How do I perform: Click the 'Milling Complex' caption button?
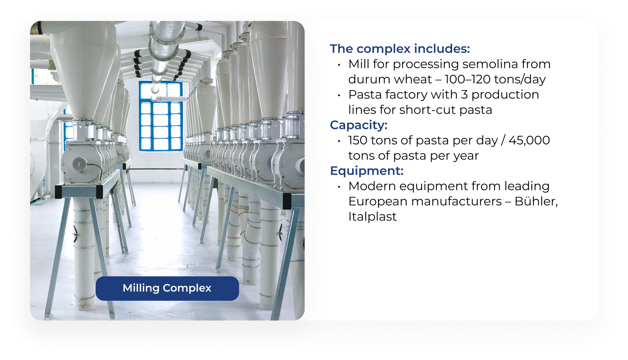pyautogui.click(x=167, y=288)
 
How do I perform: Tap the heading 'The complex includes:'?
pyautogui.click(x=400, y=49)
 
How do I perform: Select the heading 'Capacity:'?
pyautogui.click(x=359, y=125)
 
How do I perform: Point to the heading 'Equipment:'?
pyautogui.click(x=367, y=170)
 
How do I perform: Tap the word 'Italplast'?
pyautogui.click(x=372, y=217)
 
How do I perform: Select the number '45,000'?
pyautogui.click(x=529, y=140)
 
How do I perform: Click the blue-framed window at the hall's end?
pyautogui.click(x=161, y=116)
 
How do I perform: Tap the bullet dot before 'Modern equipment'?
pyautogui.click(x=339, y=186)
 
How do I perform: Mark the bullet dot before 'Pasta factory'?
pyautogui.click(x=339, y=95)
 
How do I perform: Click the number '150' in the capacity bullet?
pyautogui.click(x=358, y=140)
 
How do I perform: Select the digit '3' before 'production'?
pyautogui.click(x=464, y=95)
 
